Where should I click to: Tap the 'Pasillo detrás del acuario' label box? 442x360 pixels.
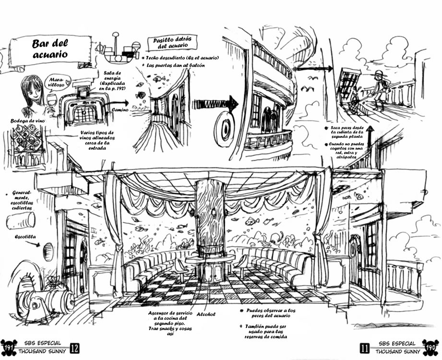172,43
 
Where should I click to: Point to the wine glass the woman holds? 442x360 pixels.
52,103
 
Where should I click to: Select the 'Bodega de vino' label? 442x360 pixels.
28,121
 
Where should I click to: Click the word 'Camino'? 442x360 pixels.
120,109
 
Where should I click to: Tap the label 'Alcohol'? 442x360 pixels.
206,314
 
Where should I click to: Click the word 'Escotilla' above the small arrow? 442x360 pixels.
25,237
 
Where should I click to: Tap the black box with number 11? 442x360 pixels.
365,348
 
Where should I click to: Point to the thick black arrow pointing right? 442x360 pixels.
215,104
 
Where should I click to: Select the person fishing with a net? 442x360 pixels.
379,90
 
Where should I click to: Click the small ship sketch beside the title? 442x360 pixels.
118,50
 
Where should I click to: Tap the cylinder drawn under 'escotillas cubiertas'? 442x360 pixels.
21,220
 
